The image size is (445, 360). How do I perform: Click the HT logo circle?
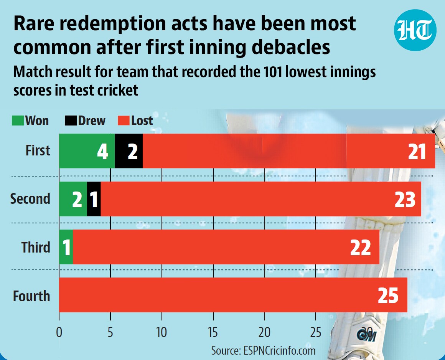(x=415, y=30)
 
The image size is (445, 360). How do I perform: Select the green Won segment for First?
(x=87, y=151)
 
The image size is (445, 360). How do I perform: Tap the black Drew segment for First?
(x=129, y=151)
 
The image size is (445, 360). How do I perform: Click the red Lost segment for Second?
(x=261, y=199)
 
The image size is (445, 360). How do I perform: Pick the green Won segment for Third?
(x=66, y=247)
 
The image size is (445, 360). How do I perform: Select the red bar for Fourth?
(x=233, y=295)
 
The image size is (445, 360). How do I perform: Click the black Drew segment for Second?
(x=94, y=199)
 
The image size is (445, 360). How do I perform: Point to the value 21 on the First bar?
(x=417, y=152)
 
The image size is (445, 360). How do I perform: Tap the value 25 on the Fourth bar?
(x=388, y=296)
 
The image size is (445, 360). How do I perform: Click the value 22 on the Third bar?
(x=361, y=248)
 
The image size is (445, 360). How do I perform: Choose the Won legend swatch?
(x=18, y=121)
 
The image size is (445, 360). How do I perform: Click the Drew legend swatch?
(x=70, y=121)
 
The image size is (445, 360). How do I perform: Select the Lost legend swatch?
(x=124, y=121)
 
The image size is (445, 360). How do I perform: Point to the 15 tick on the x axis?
(x=213, y=332)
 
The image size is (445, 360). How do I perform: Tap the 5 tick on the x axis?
(x=110, y=332)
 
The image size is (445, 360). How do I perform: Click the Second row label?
(x=30, y=198)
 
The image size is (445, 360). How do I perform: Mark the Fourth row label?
(x=31, y=296)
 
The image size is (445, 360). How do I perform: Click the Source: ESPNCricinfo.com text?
(x=264, y=351)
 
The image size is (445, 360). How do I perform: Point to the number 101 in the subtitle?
(x=272, y=72)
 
